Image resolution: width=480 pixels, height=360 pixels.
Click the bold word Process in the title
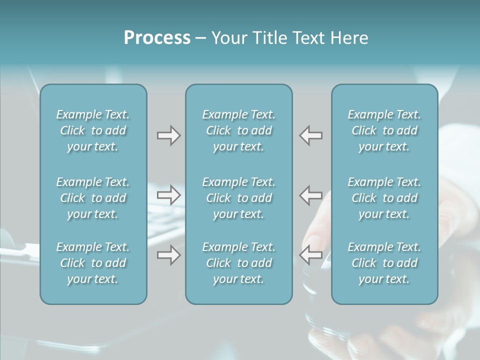click(x=157, y=38)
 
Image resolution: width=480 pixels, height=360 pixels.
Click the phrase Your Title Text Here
click(x=289, y=38)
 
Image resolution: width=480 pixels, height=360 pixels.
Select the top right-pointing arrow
click(x=168, y=135)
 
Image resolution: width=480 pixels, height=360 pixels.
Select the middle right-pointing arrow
click(x=168, y=195)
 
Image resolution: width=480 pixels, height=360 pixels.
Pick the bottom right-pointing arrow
click(x=168, y=255)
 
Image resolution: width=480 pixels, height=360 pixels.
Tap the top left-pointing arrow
click(x=310, y=135)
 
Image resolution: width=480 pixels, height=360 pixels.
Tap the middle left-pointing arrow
click(x=310, y=195)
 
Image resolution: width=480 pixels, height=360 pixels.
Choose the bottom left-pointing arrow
click(x=310, y=255)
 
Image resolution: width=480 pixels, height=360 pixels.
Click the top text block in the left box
click(x=93, y=130)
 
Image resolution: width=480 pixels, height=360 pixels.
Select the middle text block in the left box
click(x=93, y=198)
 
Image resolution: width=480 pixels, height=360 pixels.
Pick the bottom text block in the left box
click(x=93, y=263)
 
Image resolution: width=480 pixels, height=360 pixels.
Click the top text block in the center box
click(x=238, y=130)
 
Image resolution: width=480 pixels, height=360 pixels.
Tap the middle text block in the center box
click(x=238, y=198)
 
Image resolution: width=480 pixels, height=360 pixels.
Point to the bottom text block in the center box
click(x=238, y=263)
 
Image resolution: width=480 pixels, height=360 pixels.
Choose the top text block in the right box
click(x=384, y=130)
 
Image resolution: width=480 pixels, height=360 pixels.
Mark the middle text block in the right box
click(x=384, y=198)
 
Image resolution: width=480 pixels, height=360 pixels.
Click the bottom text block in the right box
click(x=384, y=263)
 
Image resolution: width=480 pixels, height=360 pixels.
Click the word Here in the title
click(x=349, y=38)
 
